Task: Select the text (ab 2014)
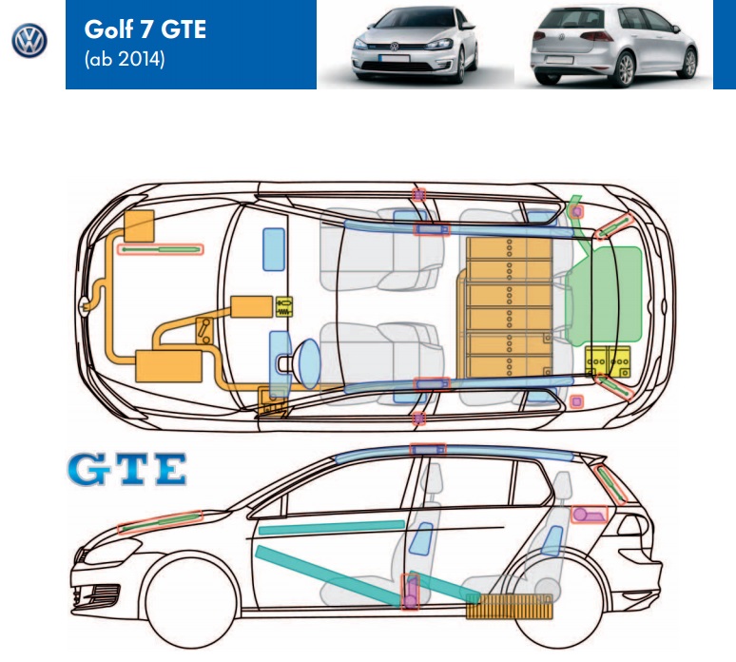tap(124, 60)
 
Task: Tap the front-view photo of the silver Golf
tap(415, 46)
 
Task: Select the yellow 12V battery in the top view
tap(610, 363)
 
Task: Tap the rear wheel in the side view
tap(552, 599)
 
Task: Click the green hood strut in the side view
tap(162, 521)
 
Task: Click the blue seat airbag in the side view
tap(421, 538)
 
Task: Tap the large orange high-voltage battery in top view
tap(510, 303)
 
